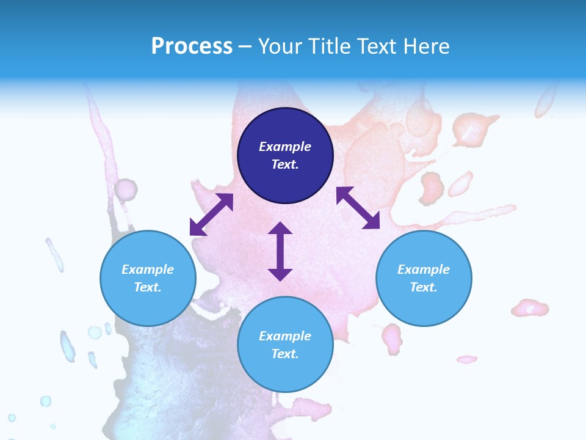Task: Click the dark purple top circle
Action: click(285, 156)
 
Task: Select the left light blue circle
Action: click(148, 278)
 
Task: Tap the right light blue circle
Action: click(424, 278)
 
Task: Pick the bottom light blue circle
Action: click(285, 345)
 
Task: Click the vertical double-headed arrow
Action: click(280, 251)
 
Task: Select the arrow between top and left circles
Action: click(211, 215)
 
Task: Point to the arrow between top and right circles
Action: click(358, 208)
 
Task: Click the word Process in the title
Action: click(192, 46)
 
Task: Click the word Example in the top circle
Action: click(285, 147)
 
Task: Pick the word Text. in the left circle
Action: click(148, 287)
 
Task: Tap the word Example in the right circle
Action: click(424, 269)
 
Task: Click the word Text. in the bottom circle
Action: click(285, 354)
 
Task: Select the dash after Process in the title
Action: click(245, 46)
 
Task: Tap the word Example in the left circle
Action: click(148, 269)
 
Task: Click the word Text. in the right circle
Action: click(424, 287)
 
